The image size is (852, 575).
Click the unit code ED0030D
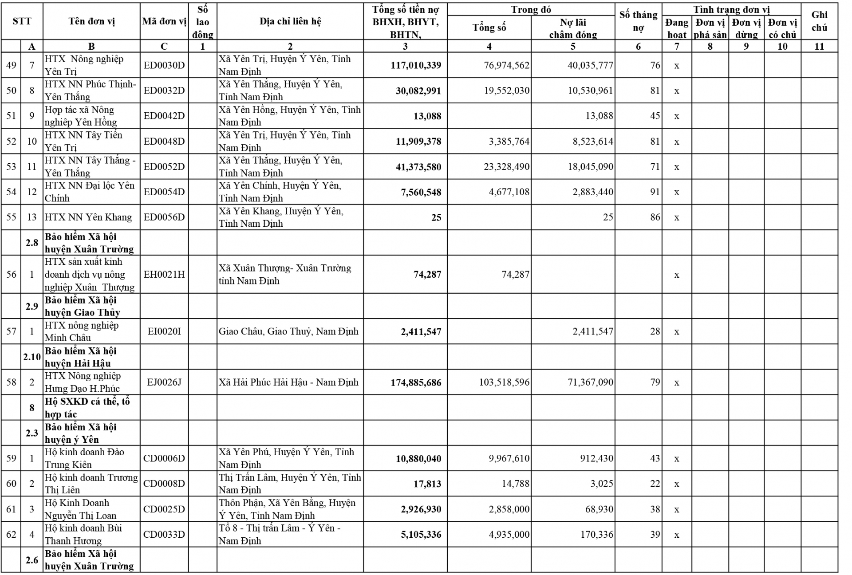point(164,65)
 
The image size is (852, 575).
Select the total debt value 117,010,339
point(416,65)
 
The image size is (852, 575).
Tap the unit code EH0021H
point(164,274)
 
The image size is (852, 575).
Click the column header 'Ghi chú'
point(819,21)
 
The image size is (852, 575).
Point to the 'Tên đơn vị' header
point(92,21)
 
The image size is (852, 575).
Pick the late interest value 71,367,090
point(590,382)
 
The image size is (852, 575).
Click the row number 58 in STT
point(11,382)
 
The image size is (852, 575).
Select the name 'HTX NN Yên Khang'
point(88,217)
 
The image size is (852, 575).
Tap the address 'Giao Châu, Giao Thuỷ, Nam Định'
point(288,331)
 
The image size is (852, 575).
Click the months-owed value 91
point(655,192)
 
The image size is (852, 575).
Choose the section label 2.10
point(32,357)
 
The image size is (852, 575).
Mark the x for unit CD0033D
point(677,535)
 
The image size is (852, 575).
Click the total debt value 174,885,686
point(416,382)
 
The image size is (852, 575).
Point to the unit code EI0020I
point(164,331)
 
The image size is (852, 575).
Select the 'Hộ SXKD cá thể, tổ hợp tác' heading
point(87,408)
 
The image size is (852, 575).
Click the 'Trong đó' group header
point(531,9)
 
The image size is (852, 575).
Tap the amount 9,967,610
point(509,458)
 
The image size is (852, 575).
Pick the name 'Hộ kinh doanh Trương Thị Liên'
point(91,484)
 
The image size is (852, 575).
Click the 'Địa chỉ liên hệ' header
point(290,21)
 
